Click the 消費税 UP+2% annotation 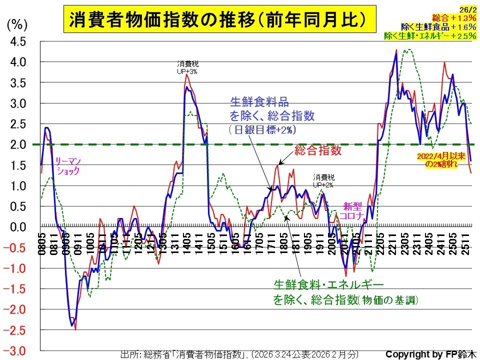point(323,180)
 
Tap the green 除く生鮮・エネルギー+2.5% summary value point(429,36)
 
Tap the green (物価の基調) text point(389,300)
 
